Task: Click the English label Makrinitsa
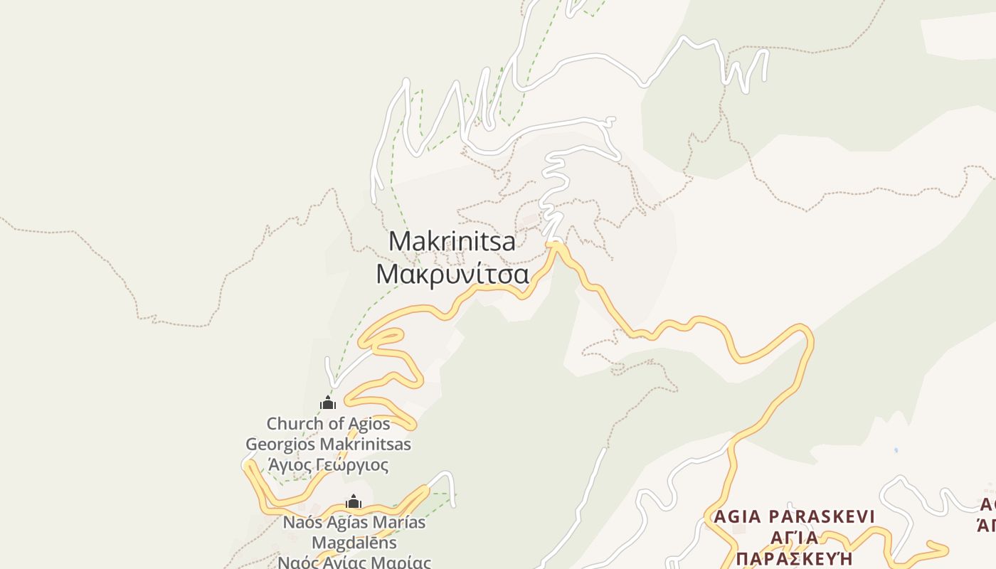point(452,241)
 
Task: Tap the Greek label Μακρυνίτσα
point(452,274)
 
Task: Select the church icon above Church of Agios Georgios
point(328,403)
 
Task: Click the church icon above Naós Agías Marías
point(354,502)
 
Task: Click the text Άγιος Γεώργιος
point(328,465)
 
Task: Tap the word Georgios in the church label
point(280,445)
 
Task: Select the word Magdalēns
point(354,543)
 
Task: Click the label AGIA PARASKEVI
point(793,516)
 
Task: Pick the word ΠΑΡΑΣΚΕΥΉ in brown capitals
point(794,558)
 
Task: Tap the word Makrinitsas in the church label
point(366,445)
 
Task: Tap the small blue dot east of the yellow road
point(896,450)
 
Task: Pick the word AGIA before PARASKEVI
point(736,516)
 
